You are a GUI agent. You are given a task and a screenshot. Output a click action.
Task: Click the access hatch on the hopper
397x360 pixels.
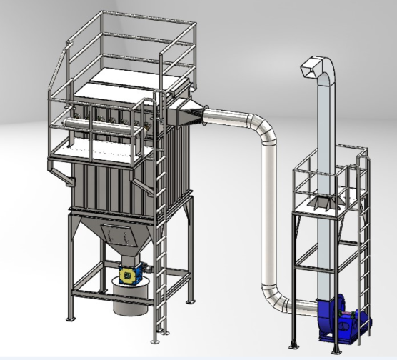pyautogui.click(x=118, y=234)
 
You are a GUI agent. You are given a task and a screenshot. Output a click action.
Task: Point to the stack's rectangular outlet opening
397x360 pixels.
pyautogui.click(x=308, y=69)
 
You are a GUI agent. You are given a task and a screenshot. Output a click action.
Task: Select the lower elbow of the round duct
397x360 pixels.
pyautogui.click(x=275, y=300)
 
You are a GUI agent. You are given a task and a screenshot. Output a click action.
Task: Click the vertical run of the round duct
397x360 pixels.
pyautogui.click(x=269, y=214)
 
